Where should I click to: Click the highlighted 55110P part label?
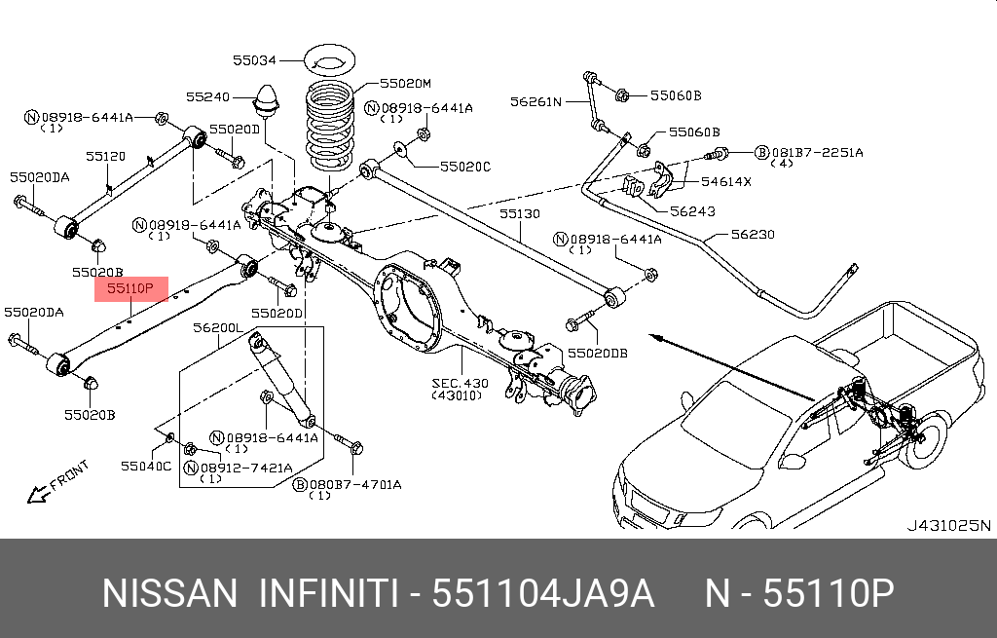coord(130,288)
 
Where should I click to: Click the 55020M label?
coord(405,84)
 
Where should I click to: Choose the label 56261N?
coord(536,100)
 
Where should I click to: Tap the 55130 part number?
coord(520,213)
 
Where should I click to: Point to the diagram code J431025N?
coord(948,526)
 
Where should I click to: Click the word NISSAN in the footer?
coord(169,593)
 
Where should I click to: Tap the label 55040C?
coord(146,466)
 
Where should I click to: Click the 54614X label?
coord(726,182)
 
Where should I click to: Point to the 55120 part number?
coord(105,156)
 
